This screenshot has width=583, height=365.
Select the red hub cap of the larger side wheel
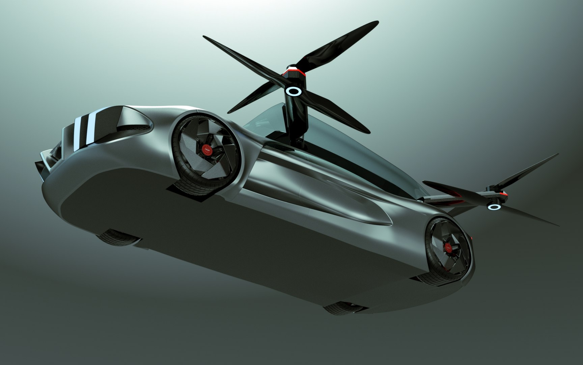(x=206, y=149)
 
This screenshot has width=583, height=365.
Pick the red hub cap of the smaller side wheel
(x=448, y=246)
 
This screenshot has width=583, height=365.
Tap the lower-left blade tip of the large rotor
(x=229, y=112)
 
